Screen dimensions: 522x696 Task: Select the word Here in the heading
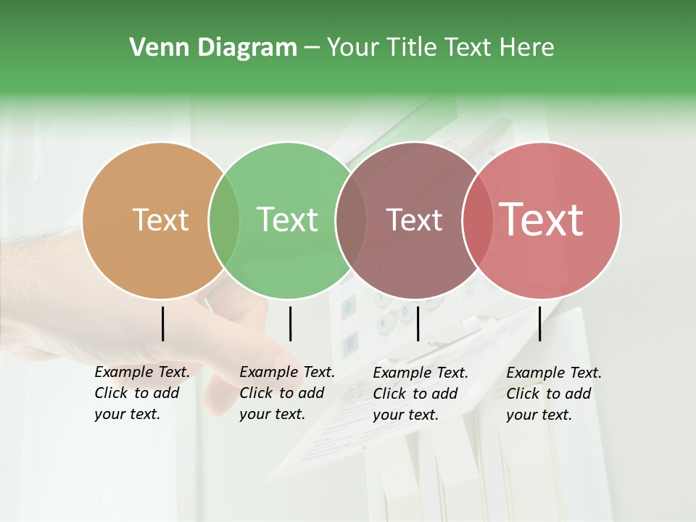528,48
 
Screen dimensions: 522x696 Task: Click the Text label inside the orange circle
160,220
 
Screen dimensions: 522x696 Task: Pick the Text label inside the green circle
287,220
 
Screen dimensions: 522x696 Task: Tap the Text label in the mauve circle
414,220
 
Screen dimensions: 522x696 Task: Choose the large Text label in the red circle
542,220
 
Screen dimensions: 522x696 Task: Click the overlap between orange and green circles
224,220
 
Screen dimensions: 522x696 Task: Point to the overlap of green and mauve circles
351,220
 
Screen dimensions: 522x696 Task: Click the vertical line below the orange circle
162,323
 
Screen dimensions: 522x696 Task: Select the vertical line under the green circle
290,323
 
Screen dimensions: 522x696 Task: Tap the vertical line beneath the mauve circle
418,323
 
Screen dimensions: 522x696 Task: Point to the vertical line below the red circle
539,323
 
